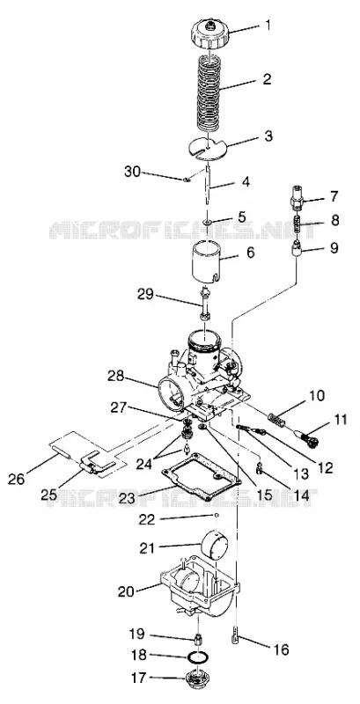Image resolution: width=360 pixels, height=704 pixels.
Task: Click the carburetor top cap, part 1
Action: tap(210, 33)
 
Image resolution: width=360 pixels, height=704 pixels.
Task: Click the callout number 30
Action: tap(134, 171)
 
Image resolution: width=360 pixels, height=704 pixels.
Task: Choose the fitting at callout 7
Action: tap(297, 196)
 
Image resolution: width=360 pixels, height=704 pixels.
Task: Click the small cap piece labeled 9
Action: tap(297, 248)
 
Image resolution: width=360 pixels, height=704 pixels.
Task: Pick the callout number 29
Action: tap(146, 295)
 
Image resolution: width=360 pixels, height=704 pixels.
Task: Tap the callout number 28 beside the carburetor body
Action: tap(117, 376)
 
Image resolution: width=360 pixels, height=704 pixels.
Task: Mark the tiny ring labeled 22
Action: tap(217, 515)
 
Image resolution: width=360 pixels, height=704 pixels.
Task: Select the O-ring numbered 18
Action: tap(198, 656)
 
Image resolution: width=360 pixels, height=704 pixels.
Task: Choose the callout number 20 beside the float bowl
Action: tap(126, 591)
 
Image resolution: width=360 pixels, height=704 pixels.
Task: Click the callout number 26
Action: tap(17, 479)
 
